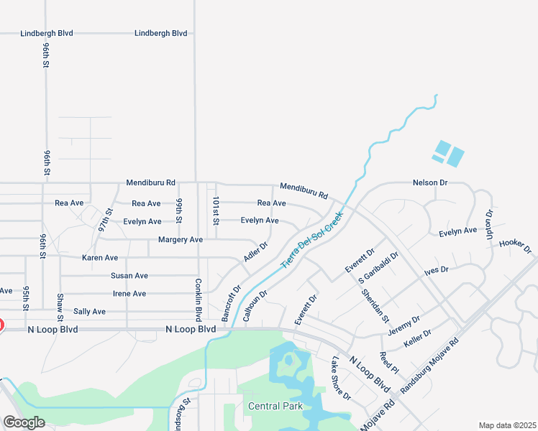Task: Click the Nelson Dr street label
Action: pyautogui.click(x=430, y=183)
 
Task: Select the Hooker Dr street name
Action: pyautogui.click(x=515, y=246)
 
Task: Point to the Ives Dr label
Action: pyautogui.click(x=436, y=270)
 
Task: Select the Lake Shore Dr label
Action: pyautogui.click(x=341, y=378)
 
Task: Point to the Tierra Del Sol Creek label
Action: pyautogui.click(x=311, y=238)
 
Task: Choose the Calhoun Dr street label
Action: pyautogui.click(x=255, y=305)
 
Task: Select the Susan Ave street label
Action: pyautogui.click(x=129, y=276)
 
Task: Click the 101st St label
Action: pyautogui.click(x=215, y=209)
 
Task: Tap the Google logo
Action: pyautogui.click(x=24, y=422)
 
